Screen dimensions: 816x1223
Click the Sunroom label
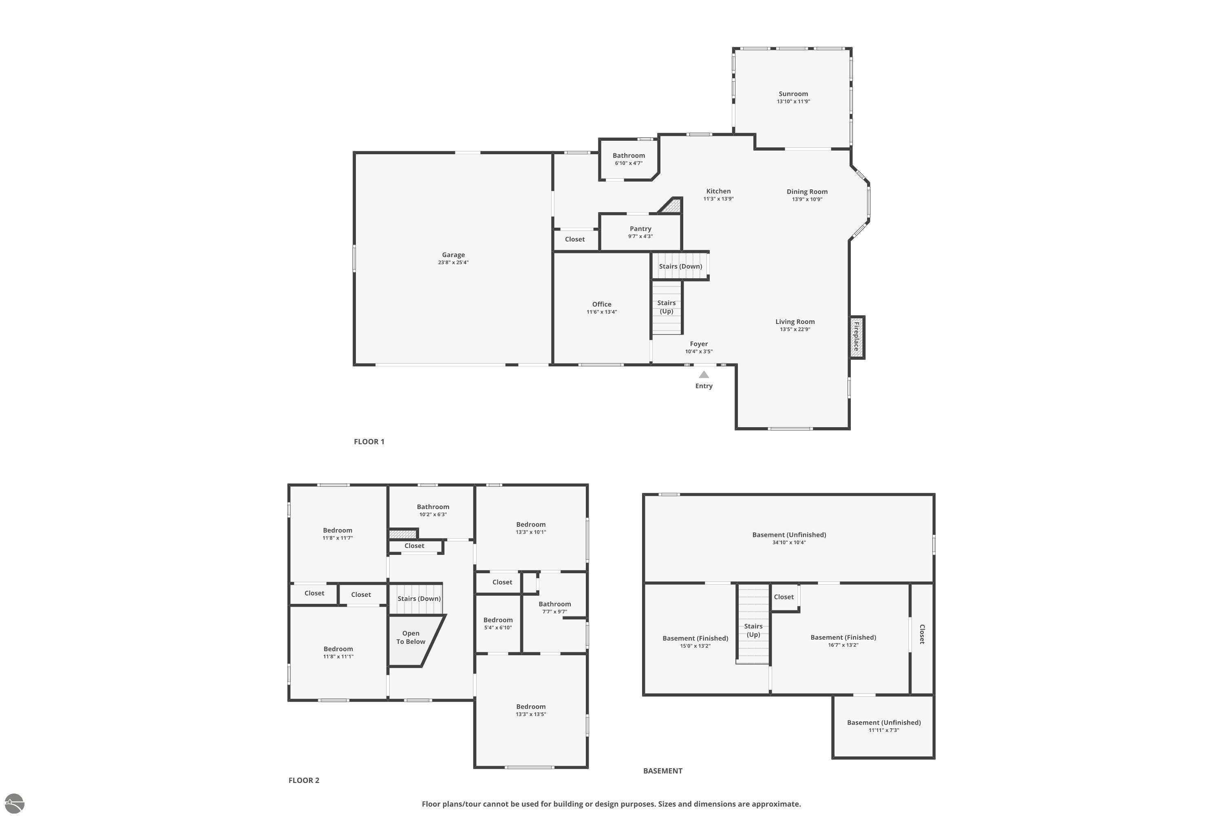tap(793, 94)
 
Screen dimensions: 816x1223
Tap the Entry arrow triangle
tap(704, 375)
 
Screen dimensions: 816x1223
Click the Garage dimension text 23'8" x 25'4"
tap(453, 263)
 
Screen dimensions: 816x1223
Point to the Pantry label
tap(640, 229)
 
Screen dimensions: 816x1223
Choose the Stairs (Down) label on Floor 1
tap(680, 266)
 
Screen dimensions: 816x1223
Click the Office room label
tap(602, 304)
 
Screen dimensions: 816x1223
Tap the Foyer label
tap(699, 344)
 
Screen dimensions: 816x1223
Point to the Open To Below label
tap(411, 637)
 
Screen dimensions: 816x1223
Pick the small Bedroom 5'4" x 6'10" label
tap(498, 620)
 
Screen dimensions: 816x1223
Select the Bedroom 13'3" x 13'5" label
tap(531, 707)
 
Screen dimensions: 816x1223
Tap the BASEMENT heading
tap(662, 771)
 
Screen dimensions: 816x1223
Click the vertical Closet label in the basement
tap(922, 634)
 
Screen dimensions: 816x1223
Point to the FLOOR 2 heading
tap(304, 780)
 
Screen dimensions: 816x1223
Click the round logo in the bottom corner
tap(14, 803)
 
